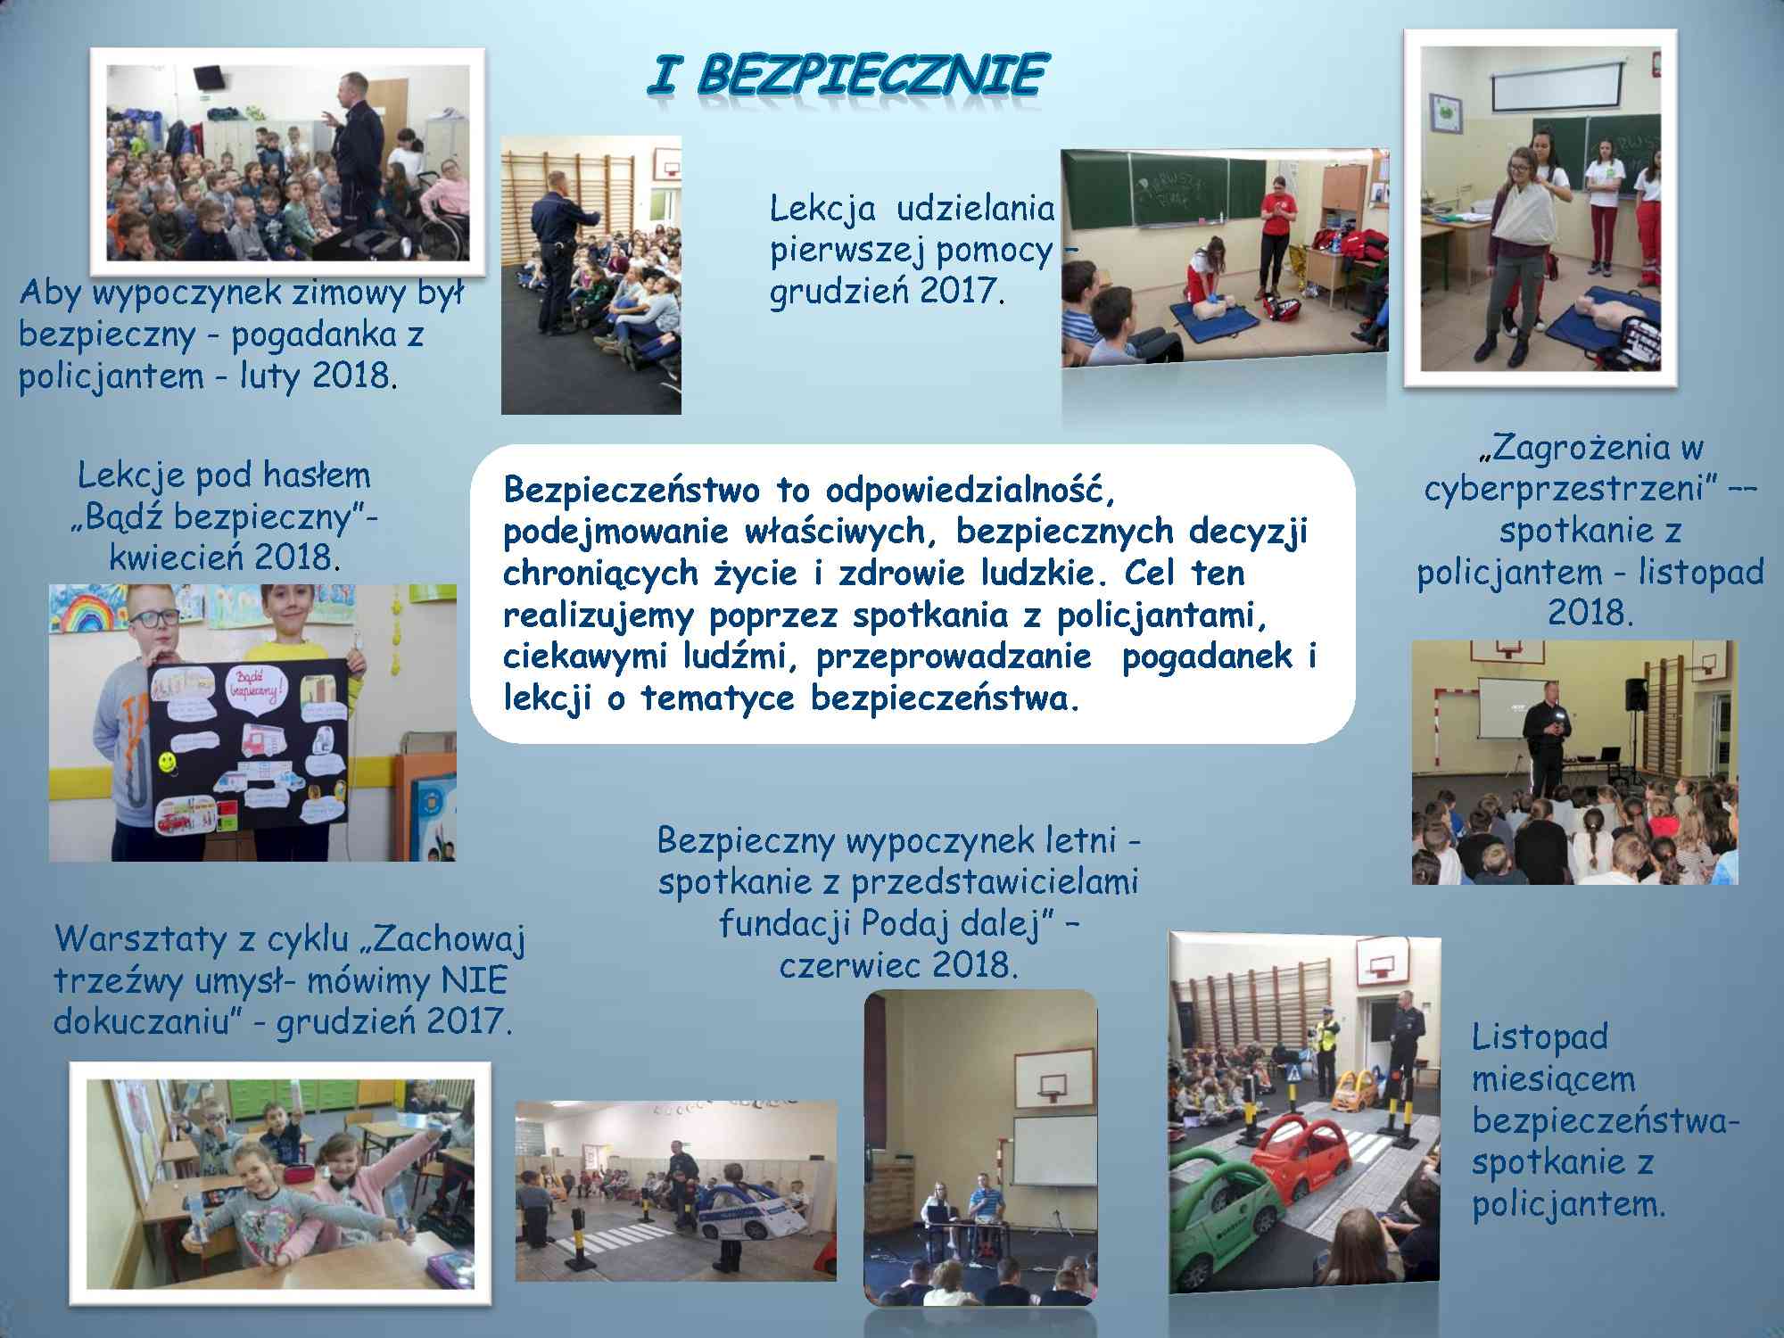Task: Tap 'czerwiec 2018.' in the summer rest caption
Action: pyautogui.click(x=898, y=965)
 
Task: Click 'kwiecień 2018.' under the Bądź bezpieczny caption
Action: pyautogui.click(x=224, y=557)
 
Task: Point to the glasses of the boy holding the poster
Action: pyautogui.click(x=158, y=616)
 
